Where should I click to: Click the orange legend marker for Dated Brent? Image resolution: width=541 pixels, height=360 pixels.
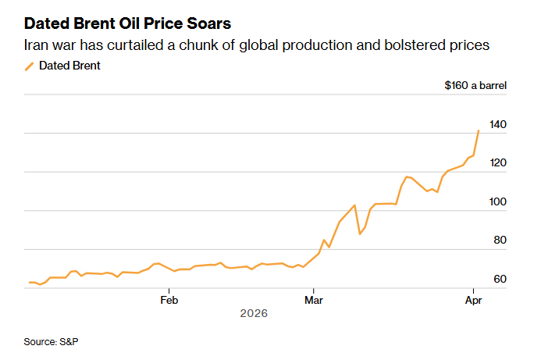(30, 66)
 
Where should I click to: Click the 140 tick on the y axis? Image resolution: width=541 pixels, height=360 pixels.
(497, 125)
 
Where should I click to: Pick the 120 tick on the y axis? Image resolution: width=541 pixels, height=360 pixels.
(497, 163)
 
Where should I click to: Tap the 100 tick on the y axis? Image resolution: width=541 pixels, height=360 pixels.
(497, 202)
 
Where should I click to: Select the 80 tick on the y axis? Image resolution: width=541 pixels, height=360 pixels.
(500, 241)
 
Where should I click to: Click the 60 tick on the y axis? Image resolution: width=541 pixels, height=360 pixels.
(500, 280)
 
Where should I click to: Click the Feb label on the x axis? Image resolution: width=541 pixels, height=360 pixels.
(169, 299)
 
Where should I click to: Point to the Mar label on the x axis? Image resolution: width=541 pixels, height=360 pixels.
(314, 299)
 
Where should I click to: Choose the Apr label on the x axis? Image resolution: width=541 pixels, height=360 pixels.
(473, 299)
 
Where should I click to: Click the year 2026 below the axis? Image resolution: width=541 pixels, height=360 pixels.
(254, 313)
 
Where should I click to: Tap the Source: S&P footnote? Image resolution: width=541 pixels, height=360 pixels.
(52, 342)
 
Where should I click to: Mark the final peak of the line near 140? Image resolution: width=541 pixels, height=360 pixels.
(479, 130)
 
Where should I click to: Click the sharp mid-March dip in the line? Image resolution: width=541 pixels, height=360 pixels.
(360, 233)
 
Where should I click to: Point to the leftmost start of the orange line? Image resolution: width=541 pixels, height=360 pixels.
(30, 282)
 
